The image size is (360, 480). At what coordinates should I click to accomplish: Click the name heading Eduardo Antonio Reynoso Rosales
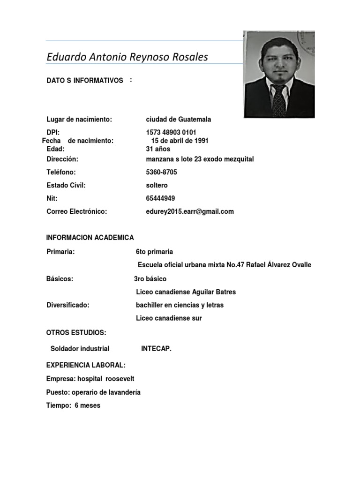click(x=127, y=57)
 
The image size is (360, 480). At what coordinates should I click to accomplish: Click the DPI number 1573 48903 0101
click(x=171, y=133)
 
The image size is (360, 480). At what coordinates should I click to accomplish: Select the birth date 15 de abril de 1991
click(x=180, y=141)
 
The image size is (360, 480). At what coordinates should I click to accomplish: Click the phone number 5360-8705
click(x=162, y=172)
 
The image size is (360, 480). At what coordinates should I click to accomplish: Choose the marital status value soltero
click(x=157, y=185)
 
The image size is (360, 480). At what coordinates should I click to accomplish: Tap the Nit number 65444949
click(x=160, y=198)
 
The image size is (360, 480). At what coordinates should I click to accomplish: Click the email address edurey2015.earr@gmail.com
click(x=190, y=211)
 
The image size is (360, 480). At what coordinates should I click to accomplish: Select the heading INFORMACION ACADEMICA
click(x=90, y=238)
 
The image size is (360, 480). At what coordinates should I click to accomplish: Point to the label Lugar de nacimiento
click(x=79, y=120)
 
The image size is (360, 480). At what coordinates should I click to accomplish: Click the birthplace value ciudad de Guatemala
click(x=179, y=120)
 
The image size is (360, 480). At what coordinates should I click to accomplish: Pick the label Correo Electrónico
click(x=77, y=211)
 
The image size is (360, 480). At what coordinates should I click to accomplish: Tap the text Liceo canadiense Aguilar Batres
click(x=186, y=292)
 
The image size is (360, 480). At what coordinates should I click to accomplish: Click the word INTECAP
click(x=156, y=348)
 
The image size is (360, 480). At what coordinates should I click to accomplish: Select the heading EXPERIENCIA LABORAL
click(x=86, y=365)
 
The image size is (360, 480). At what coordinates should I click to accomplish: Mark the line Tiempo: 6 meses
click(x=73, y=405)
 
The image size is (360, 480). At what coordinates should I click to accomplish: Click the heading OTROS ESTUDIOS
click(x=76, y=333)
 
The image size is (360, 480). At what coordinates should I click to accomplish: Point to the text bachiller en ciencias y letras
click(x=180, y=305)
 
